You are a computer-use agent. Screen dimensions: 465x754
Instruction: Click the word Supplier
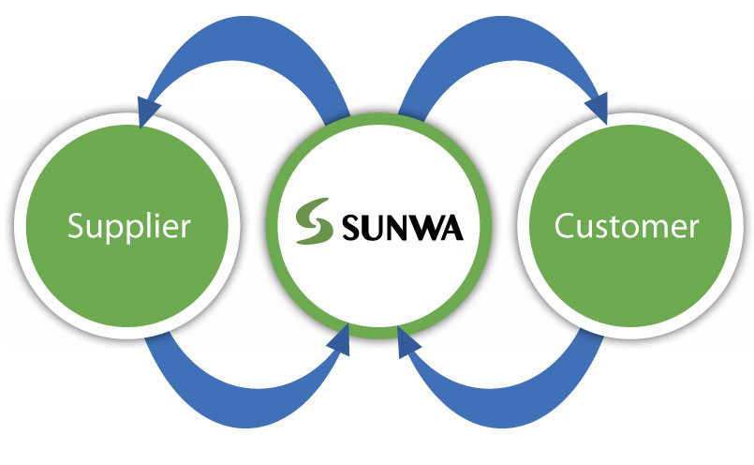pos(130,227)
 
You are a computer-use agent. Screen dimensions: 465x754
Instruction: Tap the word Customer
pos(626,227)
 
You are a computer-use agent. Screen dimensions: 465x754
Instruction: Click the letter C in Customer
pos(565,227)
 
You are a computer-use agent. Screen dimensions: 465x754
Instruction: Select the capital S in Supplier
pos(77,227)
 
